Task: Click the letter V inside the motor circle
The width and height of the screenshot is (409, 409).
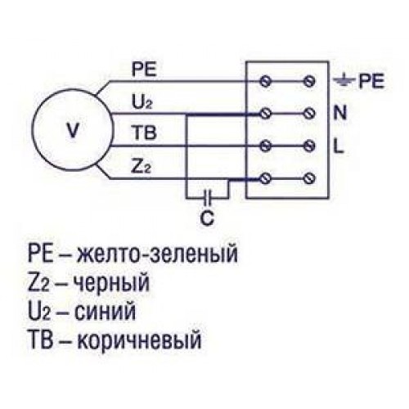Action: pyautogui.click(x=73, y=131)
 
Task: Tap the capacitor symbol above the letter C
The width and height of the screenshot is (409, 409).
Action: pyautogui.click(x=208, y=197)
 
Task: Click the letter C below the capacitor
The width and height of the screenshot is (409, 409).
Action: pyautogui.click(x=207, y=218)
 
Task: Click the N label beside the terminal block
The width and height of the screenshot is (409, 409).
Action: pyautogui.click(x=340, y=113)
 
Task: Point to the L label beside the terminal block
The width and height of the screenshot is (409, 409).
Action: pyautogui.click(x=339, y=146)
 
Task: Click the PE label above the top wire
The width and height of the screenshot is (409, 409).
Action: pyautogui.click(x=144, y=70)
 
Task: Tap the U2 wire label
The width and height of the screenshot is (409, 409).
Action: pyautogui.click(x=142, y=102)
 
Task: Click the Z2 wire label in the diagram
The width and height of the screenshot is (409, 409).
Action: pyautogui.click(x=141, y=167)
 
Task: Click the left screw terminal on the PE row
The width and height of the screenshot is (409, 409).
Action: pyautogui.click(x=265, y=81)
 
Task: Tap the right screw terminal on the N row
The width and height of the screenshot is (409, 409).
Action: pyautogui.click(x=309, y=113)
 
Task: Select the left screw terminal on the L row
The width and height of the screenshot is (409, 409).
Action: pyautogui.click(x=265, y=146)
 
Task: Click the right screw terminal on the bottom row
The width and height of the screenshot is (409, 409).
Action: pyautogui.click(x=309, y=178)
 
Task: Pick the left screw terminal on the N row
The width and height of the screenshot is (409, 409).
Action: pyautogui.click(x=265, y=113)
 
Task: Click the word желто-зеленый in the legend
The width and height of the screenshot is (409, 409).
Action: pyautogui.click(x=157, y=254)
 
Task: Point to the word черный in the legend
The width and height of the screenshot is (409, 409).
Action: pyautogui.click(x=112, y=284)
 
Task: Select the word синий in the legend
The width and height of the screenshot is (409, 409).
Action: pyautogui.click(x=105, y=312)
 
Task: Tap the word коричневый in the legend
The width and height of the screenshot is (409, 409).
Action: pyautogui.click(x=139, y=339)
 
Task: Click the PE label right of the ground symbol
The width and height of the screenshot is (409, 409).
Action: pyautogui.click(x=371, y=81)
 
